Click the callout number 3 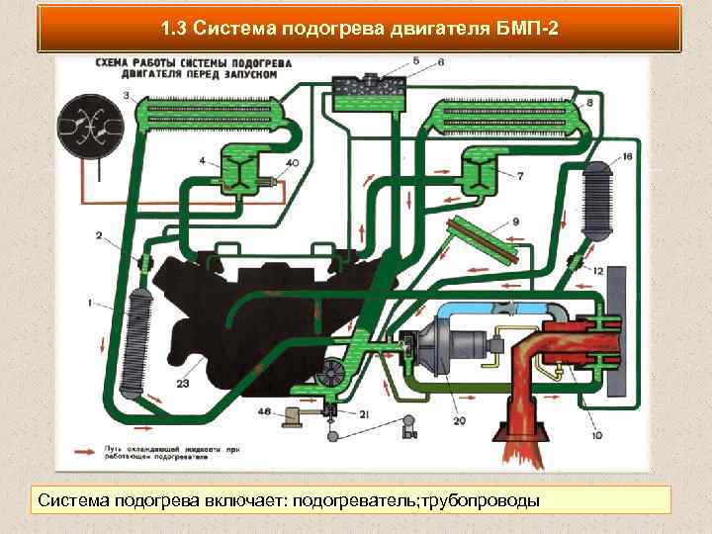tap(127, 95)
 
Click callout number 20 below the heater tap(459, 421)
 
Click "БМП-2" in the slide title tap(525, 29)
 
